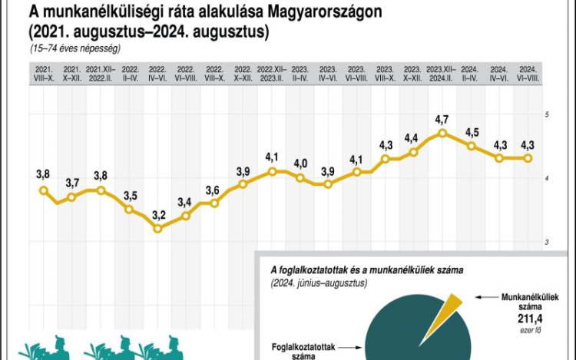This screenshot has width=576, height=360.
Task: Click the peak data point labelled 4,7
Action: [x=442, y=133]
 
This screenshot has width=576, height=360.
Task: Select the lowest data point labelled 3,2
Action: [x=158, y=228]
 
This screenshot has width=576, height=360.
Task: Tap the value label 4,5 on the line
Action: [x=472, y=132]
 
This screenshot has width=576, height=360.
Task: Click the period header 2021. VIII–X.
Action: [x=44, y=74]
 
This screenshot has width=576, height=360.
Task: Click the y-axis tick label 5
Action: [x=546, y=114]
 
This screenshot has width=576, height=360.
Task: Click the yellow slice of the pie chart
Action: [x=452, y=308]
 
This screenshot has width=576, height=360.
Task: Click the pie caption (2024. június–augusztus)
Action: [x=319, y=283]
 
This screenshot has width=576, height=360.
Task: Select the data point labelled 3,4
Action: [x=186, y=216]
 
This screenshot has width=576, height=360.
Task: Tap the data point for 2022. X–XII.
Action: [x=243, y=184]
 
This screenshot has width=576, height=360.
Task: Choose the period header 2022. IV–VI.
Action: [x=158, y=74]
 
